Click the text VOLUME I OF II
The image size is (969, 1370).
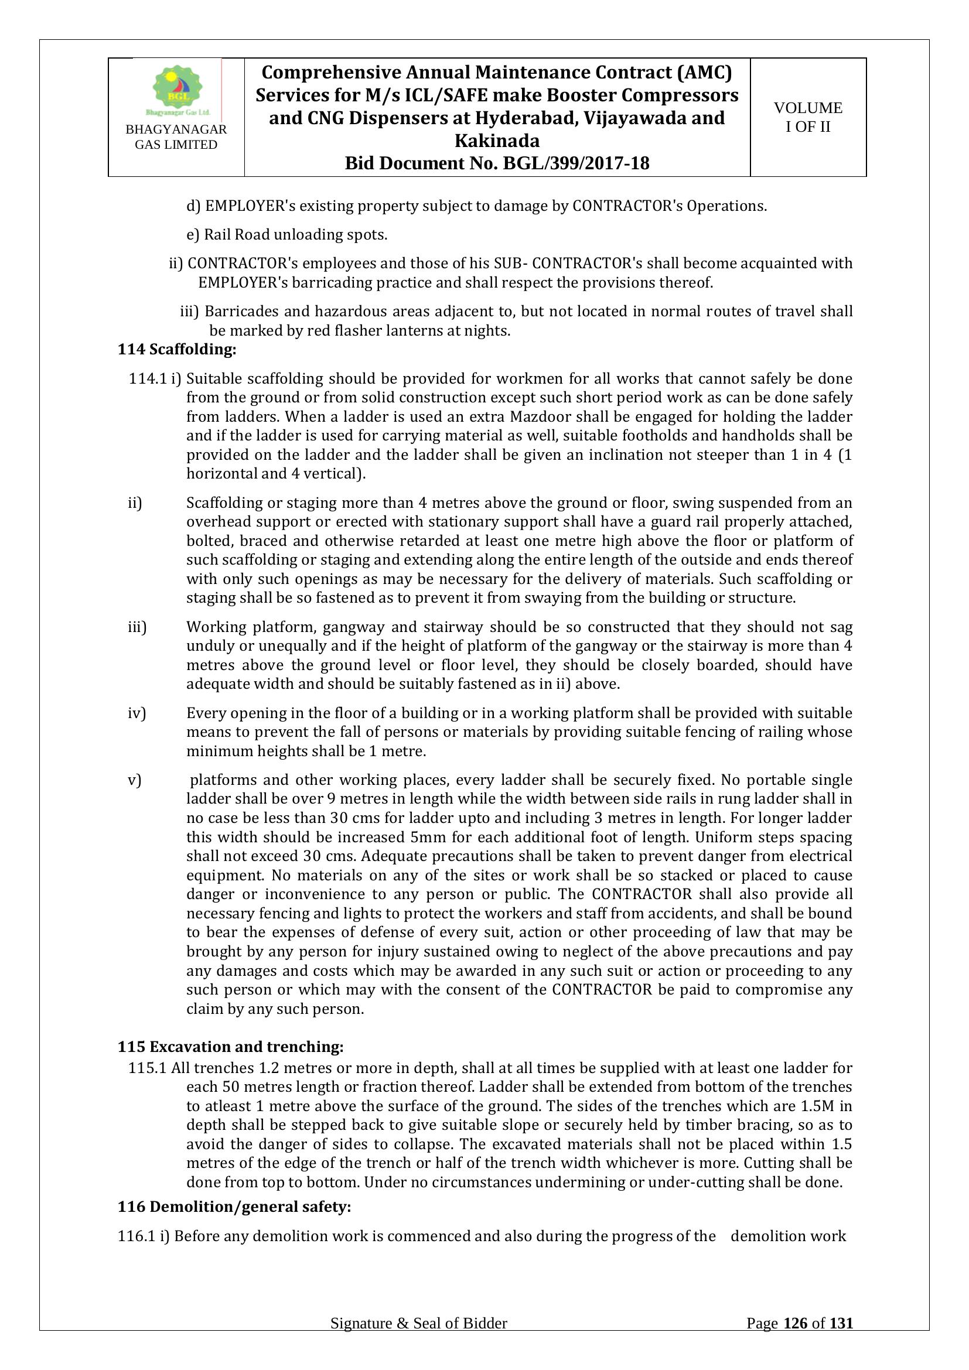(808, 117)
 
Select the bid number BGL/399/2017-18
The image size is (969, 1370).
(576, 163)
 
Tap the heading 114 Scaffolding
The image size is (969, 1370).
(177, 349)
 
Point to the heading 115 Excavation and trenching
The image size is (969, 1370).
(230, 1047)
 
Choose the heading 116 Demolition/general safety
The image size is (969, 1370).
(234, 1207)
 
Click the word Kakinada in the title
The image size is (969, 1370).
(497, 141)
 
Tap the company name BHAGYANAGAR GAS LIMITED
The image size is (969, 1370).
(176, 137)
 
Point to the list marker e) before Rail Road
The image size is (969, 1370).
(192, 234)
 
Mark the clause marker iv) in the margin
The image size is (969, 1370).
(137, 713)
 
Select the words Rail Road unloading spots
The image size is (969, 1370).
(295, 234)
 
